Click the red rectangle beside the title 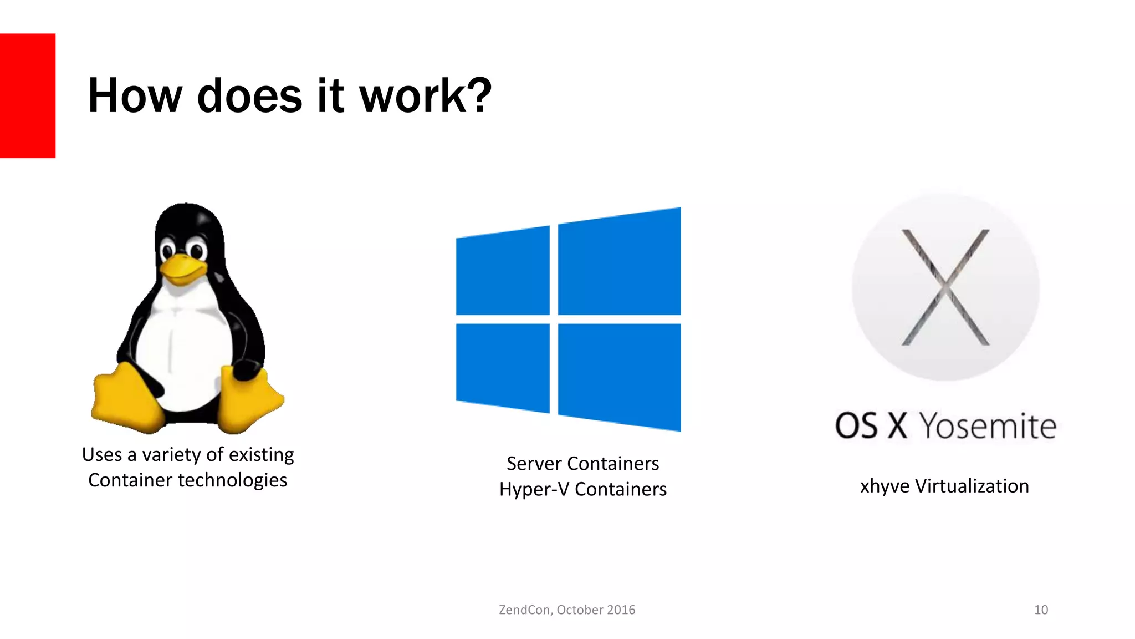tap(28, 95)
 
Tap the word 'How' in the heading tap(135, 97)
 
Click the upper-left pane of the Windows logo tap(503, 272)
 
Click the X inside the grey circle tap(945, 287)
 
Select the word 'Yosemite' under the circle tap(988, 426)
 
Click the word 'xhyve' tap(885, 486)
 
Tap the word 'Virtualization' tap(972, 486)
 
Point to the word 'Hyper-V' tap(534, 489)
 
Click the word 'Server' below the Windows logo tap(534, 464)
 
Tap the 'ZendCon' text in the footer tap(524, 610)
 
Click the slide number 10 tap(1041, 610)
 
